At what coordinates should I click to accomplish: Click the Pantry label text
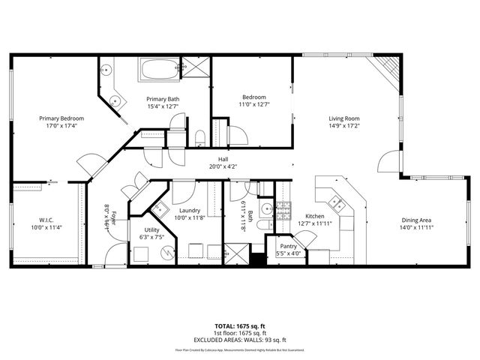288,245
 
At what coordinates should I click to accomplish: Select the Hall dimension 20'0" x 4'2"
223,166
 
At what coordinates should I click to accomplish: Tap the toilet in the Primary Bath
200,136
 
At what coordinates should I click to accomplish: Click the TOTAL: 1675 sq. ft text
240,326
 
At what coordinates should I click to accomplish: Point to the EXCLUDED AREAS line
240,338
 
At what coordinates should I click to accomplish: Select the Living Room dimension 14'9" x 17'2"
344,126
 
